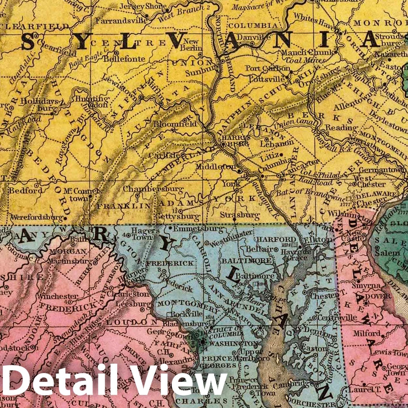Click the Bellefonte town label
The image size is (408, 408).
click(124, 59)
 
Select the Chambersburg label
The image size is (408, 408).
click(153, 189)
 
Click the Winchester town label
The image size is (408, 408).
click(57, 296)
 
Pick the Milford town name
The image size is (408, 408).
click(366, 333)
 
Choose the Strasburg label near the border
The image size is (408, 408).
click(240, 215)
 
